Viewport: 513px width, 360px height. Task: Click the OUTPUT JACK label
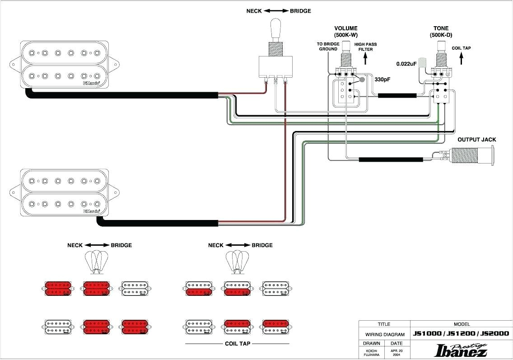tap(476, 140)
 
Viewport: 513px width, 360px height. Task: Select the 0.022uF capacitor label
tap(406, 64)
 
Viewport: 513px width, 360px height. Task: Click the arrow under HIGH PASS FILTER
tap(366, 60)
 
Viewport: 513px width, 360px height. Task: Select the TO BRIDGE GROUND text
tap(328, 47)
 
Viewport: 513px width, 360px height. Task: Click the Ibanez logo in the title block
tap(460, 350)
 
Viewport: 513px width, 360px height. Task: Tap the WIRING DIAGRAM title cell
tap(384, 334)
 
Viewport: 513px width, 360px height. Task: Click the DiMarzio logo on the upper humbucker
tap(92, 83)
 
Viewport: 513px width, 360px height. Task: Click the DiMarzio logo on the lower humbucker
tap(92, 210)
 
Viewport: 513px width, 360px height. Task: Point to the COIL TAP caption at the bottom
tap(238, 343)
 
